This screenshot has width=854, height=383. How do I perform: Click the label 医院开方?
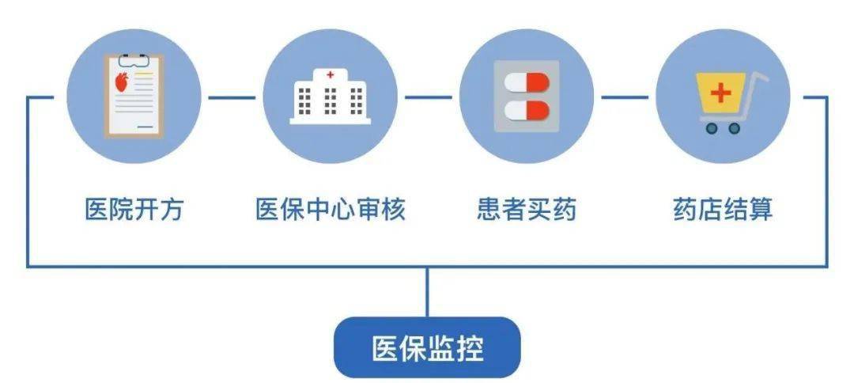click(134, 210)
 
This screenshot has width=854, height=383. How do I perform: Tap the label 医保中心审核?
click(331, 210)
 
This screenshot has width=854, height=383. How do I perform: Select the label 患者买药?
click(527, 210)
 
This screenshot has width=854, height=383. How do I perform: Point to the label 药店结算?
click(723, 210)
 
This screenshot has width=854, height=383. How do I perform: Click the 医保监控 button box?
click(427, 347)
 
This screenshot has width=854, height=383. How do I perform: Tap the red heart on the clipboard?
click(123, 82)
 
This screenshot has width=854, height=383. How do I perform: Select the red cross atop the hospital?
click(330, 74)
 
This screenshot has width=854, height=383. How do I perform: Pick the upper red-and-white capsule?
click(527, 83)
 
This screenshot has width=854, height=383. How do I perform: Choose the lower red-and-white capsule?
click(527, 110)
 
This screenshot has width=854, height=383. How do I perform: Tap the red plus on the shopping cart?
click(720, 93)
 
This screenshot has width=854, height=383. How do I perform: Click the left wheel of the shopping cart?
click(712, 128)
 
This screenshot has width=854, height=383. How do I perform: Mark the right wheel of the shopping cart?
click(734, 128)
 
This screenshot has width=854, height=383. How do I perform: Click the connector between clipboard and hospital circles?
click(232, 98)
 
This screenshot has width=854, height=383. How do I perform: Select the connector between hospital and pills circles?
click(428, 98)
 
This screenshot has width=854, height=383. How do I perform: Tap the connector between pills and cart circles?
click(625, 98)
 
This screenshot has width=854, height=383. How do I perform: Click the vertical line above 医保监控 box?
click(427, 292)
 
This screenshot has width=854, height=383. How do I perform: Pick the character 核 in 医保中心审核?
click(394, 210)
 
